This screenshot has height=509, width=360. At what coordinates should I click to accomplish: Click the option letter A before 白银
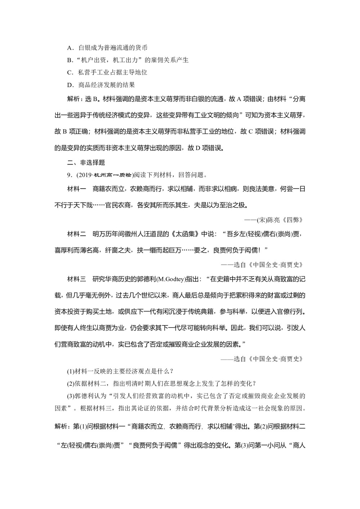pos(70,48)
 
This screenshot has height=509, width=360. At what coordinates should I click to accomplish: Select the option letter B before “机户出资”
pos(70,60)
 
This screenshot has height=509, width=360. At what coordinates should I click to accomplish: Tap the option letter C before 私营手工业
pos(70,72)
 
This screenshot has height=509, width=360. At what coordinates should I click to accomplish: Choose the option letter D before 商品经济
pos(70,85)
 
